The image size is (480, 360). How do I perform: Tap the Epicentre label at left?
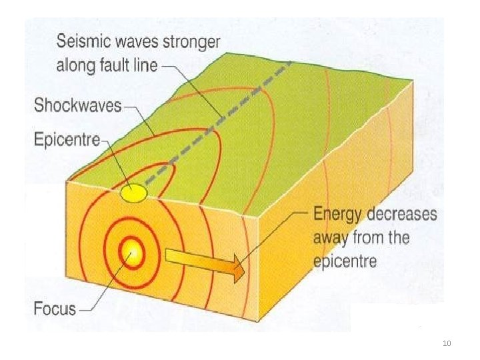pyautogui.click(x=65, y=140)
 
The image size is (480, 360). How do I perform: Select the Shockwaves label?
pyautogui.click(x=77, y=105)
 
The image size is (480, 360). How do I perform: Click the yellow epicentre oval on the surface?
pyautogui.click(x=133, y=193)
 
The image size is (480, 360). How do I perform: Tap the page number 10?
pyautogui.click(x=447, y=343)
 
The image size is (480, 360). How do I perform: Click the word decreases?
pyautogui.click(x=404, y=215)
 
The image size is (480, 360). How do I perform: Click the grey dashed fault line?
pyautogui.click(x=220, y=121)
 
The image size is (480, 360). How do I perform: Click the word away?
pyautogui.click(x=331, y=237)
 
